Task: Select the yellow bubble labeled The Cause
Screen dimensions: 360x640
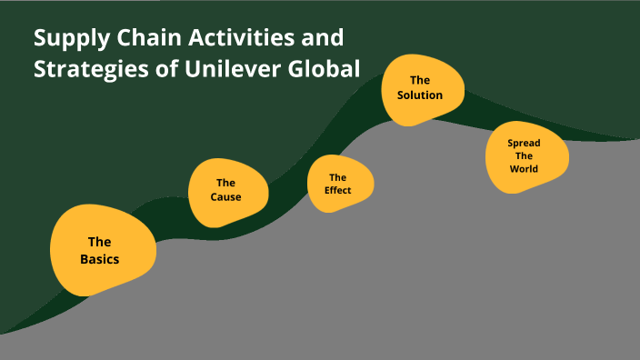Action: pos(227,191)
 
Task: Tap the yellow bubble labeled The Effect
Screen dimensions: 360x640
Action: pos(341,184)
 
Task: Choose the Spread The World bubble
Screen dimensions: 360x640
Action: pos(525,156)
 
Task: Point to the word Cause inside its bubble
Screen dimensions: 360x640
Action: pos(226,197)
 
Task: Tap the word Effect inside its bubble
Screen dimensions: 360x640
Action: pos(338,190)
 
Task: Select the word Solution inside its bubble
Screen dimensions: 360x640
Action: pos(420,95)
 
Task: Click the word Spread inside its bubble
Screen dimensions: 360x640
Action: pos(524,144)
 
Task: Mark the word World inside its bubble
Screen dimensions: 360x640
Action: pos(524,169)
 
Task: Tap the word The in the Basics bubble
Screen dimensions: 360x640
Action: pos(99,242)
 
